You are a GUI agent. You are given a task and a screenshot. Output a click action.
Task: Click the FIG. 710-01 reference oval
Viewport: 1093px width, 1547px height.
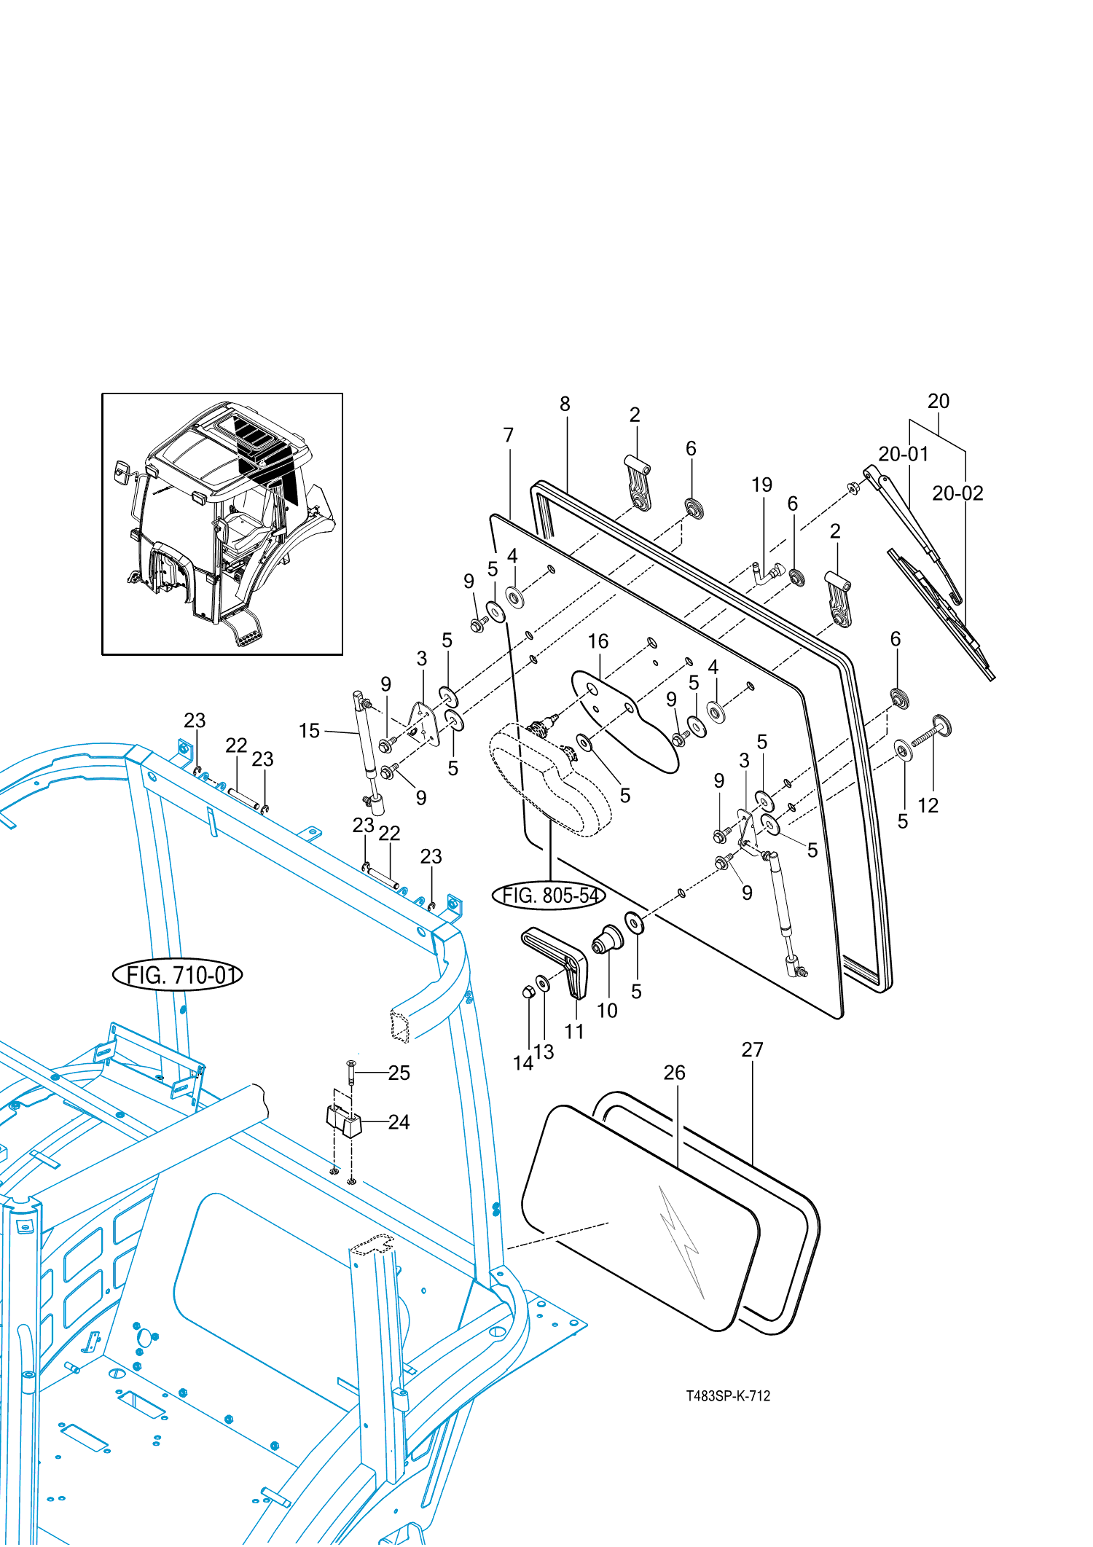(x=177, y=974)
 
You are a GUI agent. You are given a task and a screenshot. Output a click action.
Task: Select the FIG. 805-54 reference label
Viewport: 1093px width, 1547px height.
(x=549, y=895)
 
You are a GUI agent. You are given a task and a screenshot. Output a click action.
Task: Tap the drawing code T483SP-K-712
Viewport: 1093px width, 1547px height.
(x=727, y=1395)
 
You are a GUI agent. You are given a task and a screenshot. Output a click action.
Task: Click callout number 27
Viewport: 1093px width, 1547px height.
(x=752, y=1049)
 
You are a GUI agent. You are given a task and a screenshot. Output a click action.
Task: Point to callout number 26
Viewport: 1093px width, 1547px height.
(x=674, y=1072)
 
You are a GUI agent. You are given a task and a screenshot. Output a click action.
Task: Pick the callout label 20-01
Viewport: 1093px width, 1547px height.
(x=903, y=454)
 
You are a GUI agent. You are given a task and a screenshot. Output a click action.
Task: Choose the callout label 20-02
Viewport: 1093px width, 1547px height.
(x=957, y=493)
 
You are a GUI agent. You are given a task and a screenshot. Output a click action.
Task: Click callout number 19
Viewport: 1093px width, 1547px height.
(x=761, y=485)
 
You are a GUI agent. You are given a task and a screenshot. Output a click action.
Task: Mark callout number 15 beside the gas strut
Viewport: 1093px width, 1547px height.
(x=309, y=730)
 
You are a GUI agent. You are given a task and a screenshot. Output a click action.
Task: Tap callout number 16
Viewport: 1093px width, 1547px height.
(x=598, y=641)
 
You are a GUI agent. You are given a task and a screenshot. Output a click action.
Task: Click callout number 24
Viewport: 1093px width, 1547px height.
(x=399, y=1122)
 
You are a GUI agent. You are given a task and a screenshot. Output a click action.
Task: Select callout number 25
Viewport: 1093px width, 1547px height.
(x=399, y=1073)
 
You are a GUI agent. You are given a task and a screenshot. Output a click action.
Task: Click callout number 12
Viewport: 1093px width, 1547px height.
(x=928, y=805)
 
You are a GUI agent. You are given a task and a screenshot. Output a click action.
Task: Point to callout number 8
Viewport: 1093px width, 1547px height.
(x=565, y=404)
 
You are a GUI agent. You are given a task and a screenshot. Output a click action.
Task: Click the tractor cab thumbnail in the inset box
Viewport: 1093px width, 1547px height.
(x=222, y=524)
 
